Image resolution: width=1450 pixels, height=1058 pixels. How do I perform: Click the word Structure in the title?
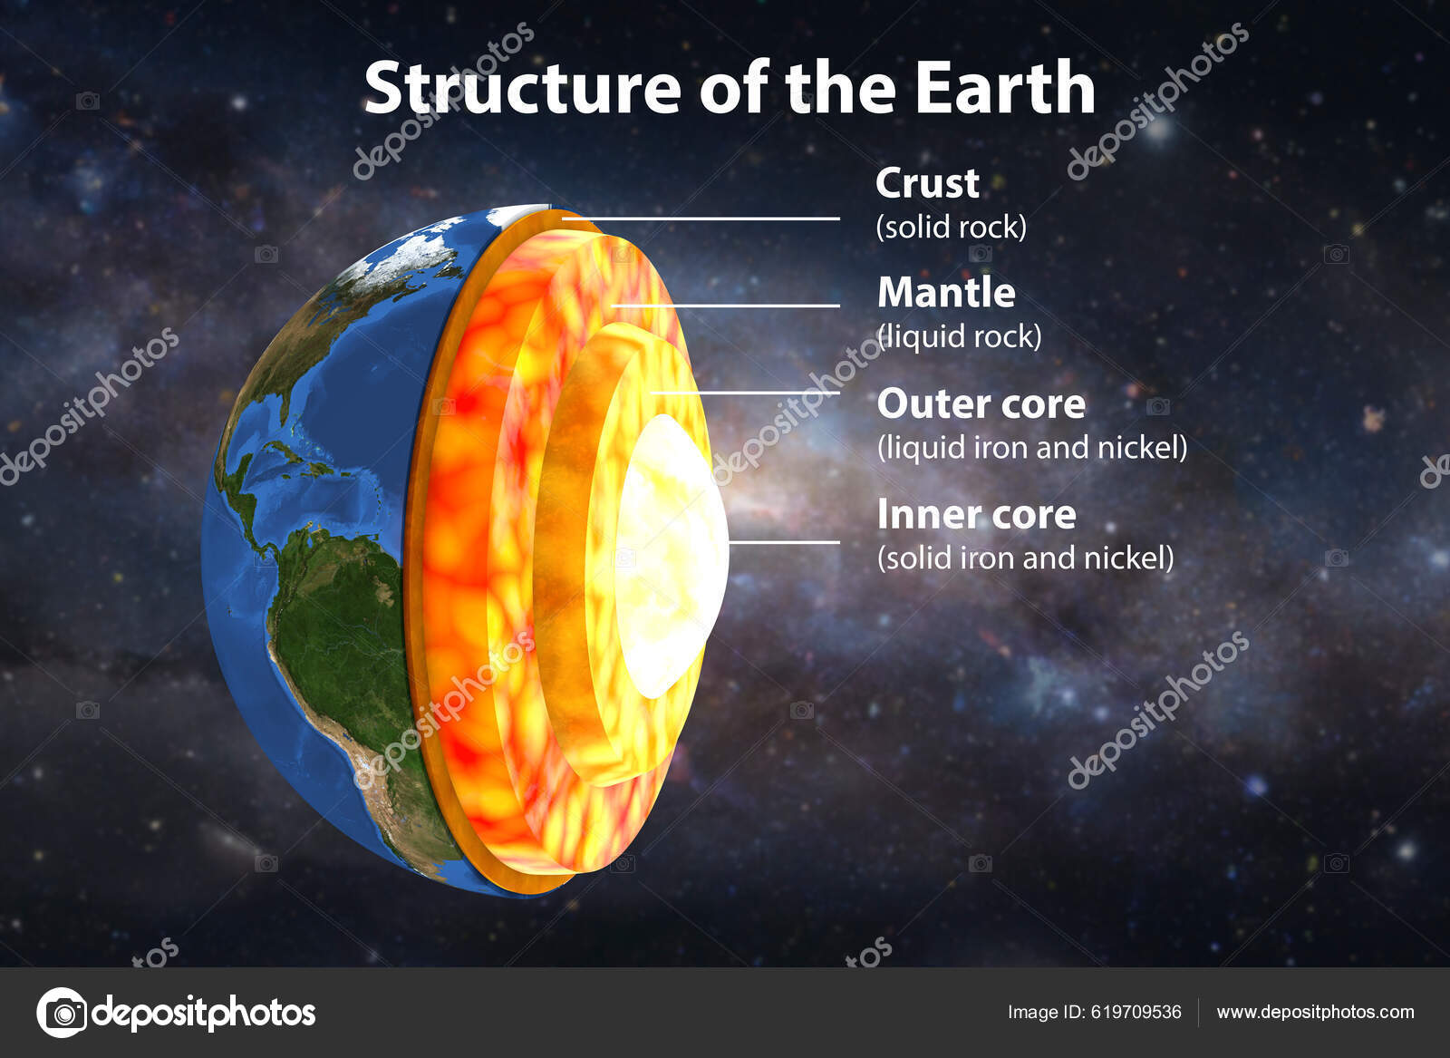(x=522, y=89)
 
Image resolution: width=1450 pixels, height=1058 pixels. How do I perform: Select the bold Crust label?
(x=927, y=184)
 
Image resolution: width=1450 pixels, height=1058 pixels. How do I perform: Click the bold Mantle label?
(x=946, y=293)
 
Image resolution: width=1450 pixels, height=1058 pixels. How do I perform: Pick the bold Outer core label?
(x=981, y=404)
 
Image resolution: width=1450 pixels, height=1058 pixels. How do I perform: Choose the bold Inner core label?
(x=976, y=515)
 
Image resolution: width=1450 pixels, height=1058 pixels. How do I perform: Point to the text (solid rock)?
(x=951, y=227)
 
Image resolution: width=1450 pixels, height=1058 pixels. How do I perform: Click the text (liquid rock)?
(x=960, y=336)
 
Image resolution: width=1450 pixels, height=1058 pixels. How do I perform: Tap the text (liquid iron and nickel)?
(x=1031, y=447)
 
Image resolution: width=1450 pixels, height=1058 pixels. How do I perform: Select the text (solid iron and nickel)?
(x=1025, y=558)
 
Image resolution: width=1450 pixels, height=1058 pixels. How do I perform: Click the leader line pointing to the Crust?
(x=707, y=218)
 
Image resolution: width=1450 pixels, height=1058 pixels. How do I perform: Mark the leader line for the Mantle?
(x=725, y=306)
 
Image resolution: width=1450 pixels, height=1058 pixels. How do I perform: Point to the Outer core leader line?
(x=743, y=393)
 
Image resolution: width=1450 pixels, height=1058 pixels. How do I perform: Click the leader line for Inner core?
(x=784, y=542)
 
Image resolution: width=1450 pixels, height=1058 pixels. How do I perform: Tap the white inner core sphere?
(x=671, y=553)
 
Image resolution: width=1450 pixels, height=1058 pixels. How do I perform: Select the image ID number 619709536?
(x=1136, y=1012)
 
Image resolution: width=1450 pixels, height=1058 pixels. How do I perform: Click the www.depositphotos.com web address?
(x=1315, y=1012)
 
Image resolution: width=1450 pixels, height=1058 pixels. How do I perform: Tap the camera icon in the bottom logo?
(x=62, y=1012)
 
